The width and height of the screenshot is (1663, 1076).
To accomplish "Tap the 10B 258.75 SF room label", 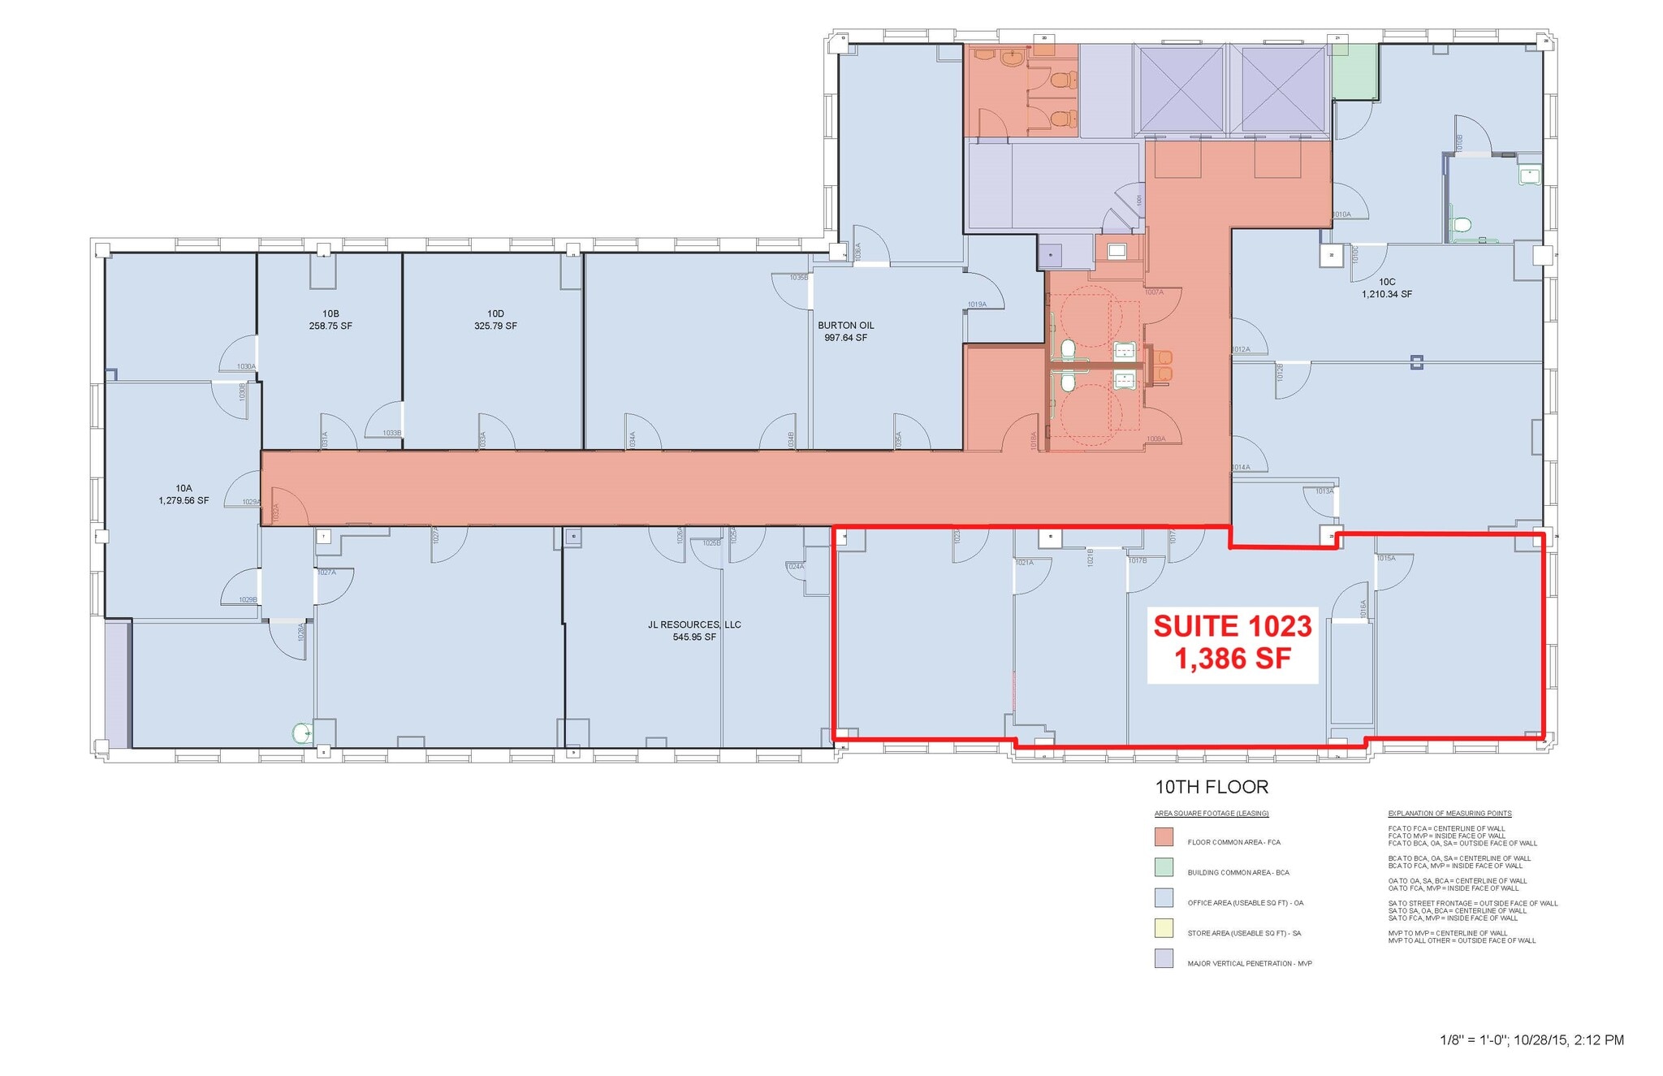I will (x=330, y=320).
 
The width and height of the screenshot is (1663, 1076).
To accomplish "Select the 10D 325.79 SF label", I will (x=495, y=320).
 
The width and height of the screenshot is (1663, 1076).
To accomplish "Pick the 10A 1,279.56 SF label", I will (x=184, y=495).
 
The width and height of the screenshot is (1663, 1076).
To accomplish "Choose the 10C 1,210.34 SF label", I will (x=1387, y=288).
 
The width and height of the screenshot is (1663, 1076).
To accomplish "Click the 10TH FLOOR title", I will (x=1212, y=787).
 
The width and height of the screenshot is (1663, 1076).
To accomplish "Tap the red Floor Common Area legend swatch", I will (x=1164, y=837).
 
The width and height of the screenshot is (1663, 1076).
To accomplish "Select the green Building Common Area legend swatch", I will (x=1164, y=867).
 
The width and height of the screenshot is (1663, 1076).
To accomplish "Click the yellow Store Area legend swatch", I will (x=1164, y=928).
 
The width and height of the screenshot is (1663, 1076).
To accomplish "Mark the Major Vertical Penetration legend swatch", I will (x=1164, y=959).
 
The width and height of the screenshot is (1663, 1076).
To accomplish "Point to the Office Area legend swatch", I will (x=1164, y=898).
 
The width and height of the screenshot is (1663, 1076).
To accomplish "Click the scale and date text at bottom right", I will (x=1531, y=1039).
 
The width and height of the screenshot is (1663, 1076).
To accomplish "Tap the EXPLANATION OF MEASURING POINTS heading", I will (x=1449, y=813).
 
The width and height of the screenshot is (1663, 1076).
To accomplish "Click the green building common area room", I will (x=1354, y=71).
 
